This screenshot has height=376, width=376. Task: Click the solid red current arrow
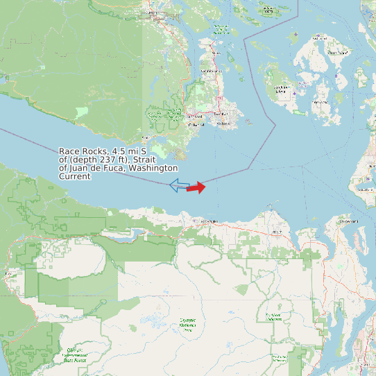click(x=196, y=187)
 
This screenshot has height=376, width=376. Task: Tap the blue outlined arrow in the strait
click(x=179, y=185)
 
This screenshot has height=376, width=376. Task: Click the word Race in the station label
click(x=69, y=151)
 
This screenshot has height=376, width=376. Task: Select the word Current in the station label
click(x=74, y=176)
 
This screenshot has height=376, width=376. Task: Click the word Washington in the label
click(x=153, y=168)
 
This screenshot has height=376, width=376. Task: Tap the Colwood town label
click(x=197, y=125)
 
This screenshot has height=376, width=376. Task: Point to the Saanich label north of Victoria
click(x=220, y=113)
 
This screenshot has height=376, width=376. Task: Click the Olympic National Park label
click(x=187, y=321)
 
